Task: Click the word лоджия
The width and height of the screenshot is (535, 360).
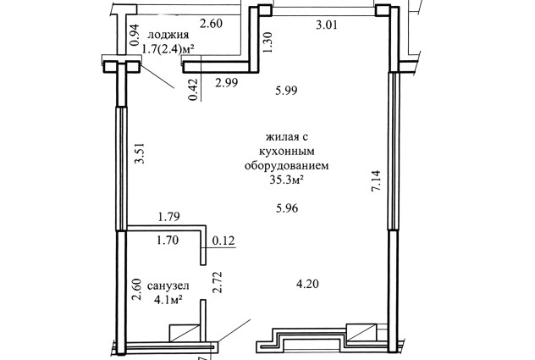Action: (x=168, y=35)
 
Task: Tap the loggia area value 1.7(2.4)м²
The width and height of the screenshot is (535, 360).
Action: (x=168, y=49)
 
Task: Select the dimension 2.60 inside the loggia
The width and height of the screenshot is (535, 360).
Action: (x=211, y=24)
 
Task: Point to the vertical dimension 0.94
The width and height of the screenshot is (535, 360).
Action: (x=135, y=35)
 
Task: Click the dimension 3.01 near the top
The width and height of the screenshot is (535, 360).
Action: (x=327, y=25)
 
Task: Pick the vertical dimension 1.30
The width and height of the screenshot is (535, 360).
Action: (x=267, y=42)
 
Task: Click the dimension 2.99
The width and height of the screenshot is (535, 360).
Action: (x=227, y=82)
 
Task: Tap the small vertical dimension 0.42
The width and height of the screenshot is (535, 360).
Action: (x=193, y=90)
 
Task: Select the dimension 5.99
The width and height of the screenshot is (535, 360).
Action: (x=286, y=90)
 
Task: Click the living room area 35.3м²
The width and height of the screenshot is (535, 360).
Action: (x=287, y=180)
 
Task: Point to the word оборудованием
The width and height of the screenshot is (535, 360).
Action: (x=287, y=166)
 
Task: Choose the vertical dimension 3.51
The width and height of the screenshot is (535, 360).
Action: (x=140, y=153)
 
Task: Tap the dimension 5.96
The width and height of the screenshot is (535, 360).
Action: (x=287, y=208)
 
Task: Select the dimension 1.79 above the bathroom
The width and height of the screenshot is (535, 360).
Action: (x=168, y=217)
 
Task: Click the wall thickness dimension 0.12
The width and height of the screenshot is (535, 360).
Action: (x=223, y=241)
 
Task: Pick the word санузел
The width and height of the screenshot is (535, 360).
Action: (x=168, y=286)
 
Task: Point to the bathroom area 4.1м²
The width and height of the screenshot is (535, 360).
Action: (x=168, y=300)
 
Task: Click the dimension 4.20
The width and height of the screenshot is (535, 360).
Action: (x=307, y=284)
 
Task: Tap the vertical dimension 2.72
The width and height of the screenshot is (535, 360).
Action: (x=217, y=282)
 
